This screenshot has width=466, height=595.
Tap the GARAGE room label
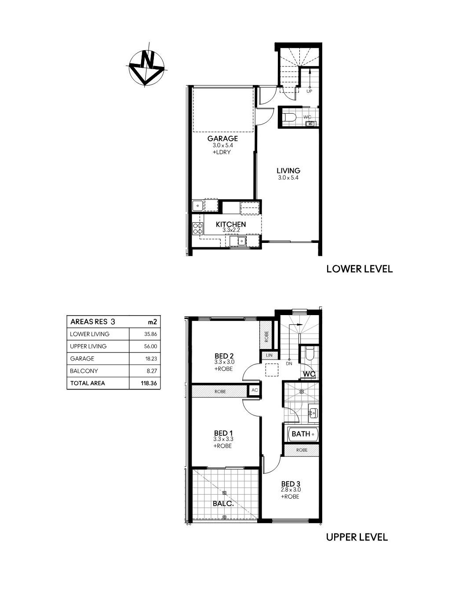pos(222,139)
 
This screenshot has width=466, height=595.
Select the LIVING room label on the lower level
pos(288,171)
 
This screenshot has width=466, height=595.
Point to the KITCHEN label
pos(231,224)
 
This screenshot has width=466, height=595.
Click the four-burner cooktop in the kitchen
pos(198,229)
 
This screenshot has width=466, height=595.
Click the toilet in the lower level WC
pos(289,118)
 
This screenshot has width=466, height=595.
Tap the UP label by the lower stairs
pos(309,92)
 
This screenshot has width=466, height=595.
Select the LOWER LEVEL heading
pos(359,269)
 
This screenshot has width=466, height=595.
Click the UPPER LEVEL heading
pos(357,537)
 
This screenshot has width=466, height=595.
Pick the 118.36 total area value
pos(149,383)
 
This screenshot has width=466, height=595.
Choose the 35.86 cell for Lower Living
pos(150,334)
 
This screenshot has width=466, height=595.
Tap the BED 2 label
pos(224,356)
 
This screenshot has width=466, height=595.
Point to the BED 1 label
pos(223,433)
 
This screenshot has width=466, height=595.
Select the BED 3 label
pos(291,484)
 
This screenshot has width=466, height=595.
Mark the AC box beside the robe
pos(255,390)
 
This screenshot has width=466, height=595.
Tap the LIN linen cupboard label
pos(269,356)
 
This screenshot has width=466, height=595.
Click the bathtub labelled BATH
pos(303,434)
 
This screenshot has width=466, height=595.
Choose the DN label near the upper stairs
pos(289,364)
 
